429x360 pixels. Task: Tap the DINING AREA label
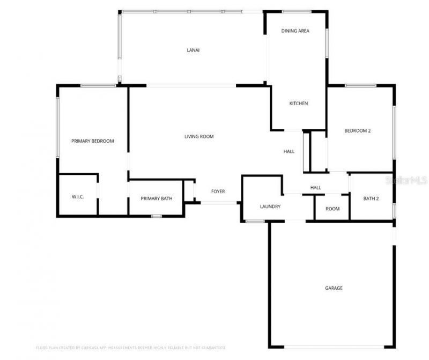point(295,31)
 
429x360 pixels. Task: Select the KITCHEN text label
point(299,104)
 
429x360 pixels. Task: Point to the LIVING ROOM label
point(199,137)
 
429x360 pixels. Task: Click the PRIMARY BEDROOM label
point(93,141)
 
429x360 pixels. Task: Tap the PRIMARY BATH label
point(157,199)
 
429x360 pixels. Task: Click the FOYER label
point(218,192)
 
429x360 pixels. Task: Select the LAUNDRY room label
point(270,207)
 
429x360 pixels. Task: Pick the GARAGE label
point(334,288)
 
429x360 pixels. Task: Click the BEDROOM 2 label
point(358,130)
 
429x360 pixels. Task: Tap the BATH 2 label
point(371,199)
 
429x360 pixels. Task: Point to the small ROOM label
point(332,209)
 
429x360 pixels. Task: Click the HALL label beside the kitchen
point(289,152)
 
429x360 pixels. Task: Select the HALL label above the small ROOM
point(316,188)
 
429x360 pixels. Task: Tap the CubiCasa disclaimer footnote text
point(131,348)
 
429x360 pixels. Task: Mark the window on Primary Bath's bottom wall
point(157,216)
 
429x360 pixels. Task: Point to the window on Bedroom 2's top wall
point(360,85)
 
